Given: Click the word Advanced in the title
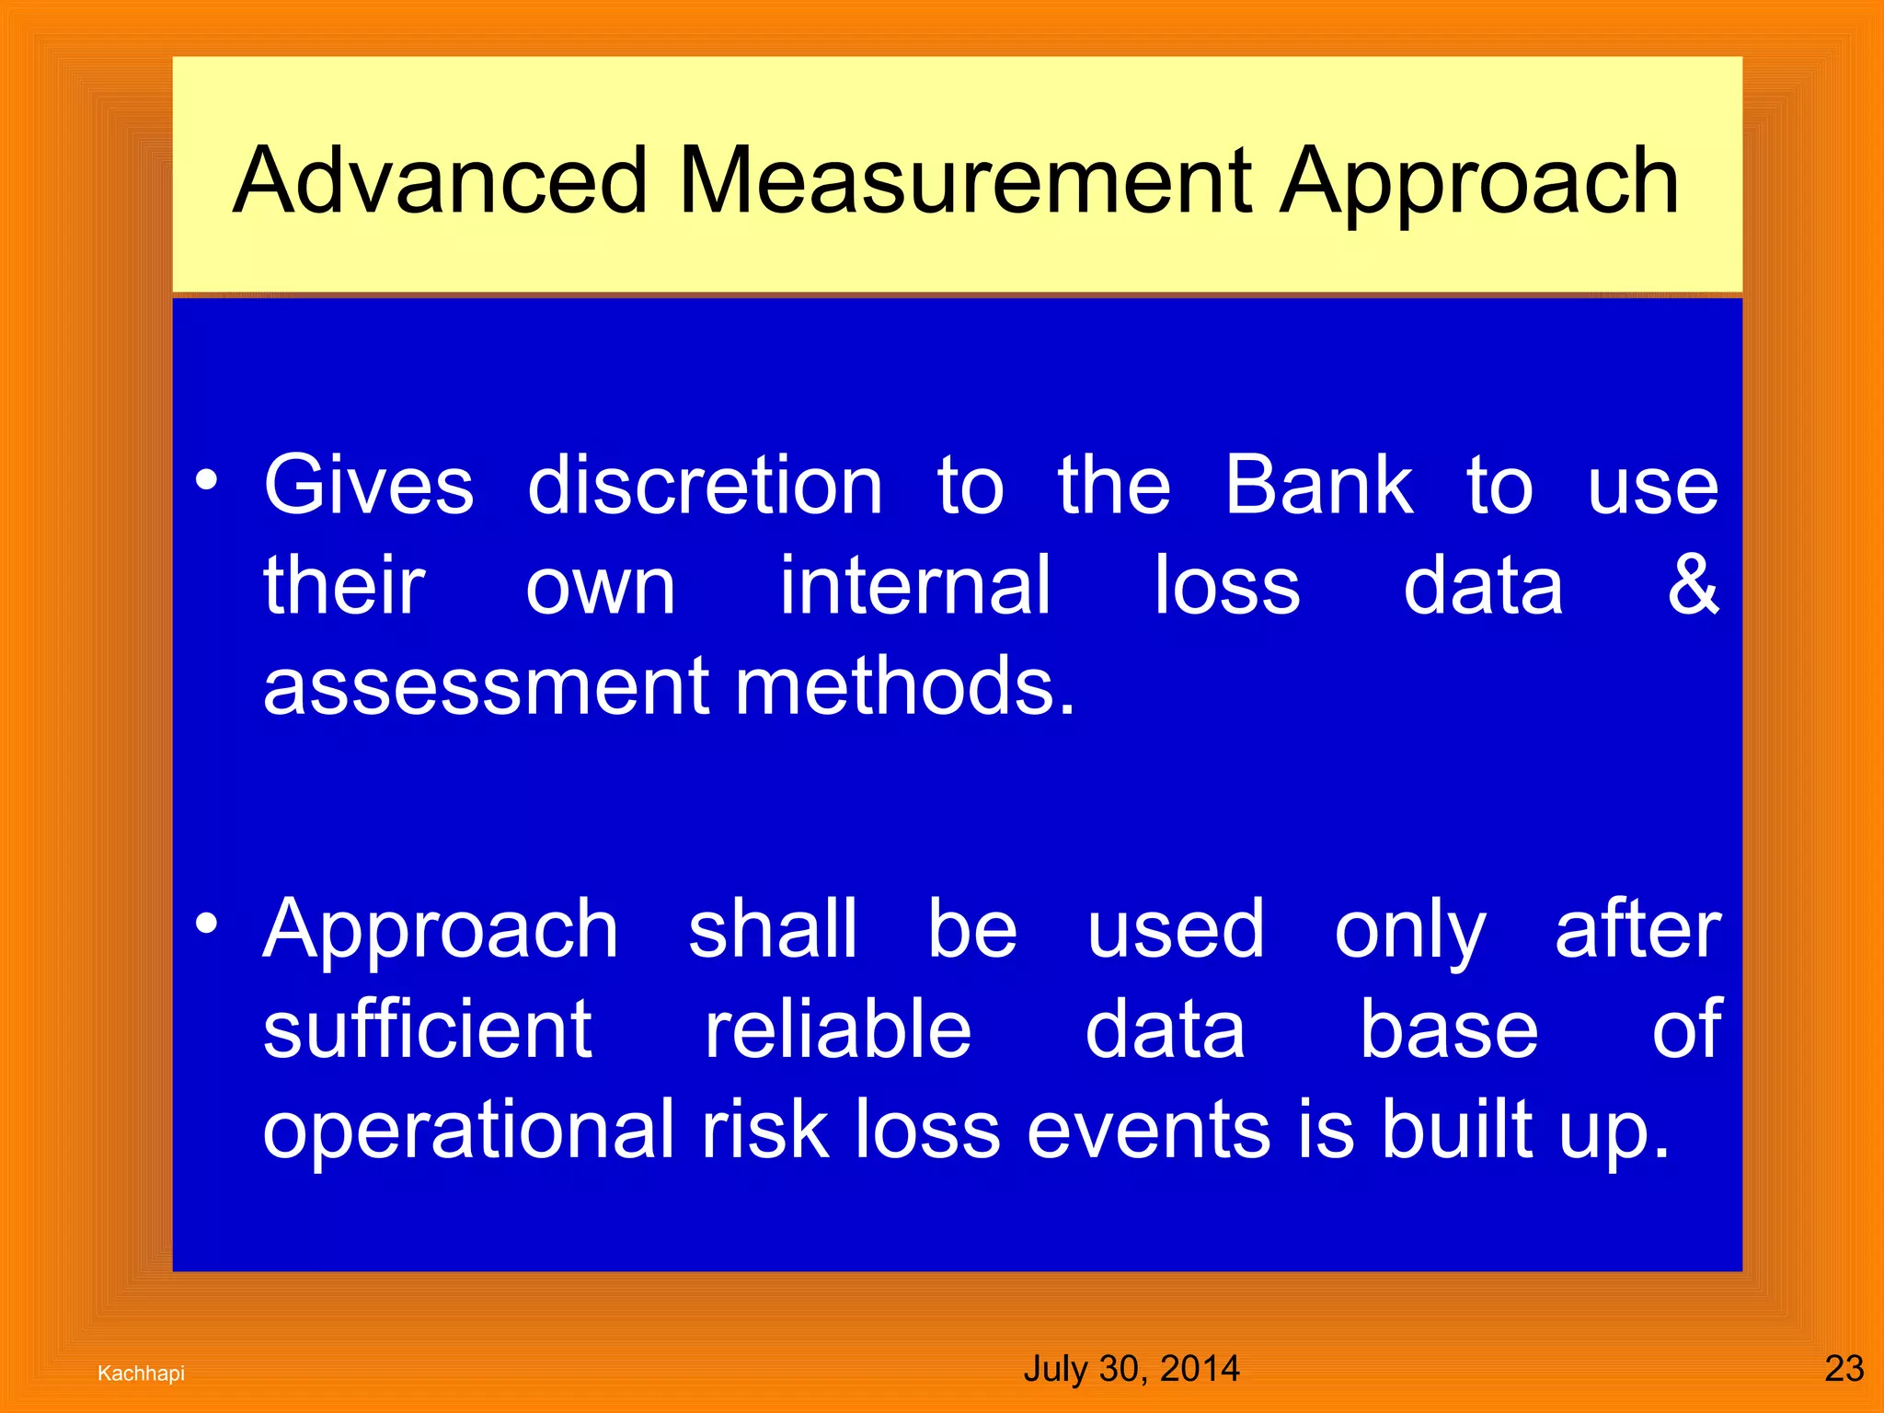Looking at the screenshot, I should [x=441, y=181].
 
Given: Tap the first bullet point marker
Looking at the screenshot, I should [x=207, y=480].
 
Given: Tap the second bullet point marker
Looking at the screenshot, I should [x=207, y=924].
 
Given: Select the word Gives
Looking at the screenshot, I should [x=369, y=486].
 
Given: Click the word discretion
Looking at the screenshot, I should [x=706, y=486].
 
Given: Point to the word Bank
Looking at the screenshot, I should [x=1318, y=486].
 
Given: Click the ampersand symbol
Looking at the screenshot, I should [x=1693, y=585].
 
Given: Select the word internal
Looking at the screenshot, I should [x=914, y=585].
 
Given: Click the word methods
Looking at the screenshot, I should [x=905, y=686].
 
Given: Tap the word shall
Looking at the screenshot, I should [x=773, y=929].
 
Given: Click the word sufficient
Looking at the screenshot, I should [x=428, y=1029].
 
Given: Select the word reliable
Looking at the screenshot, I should [x=837, y=1029].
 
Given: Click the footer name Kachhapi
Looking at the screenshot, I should [x=141, y=1373].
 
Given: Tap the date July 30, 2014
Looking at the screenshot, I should [x=1132, y=1369].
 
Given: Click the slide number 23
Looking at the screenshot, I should [x=1844, y=1369].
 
